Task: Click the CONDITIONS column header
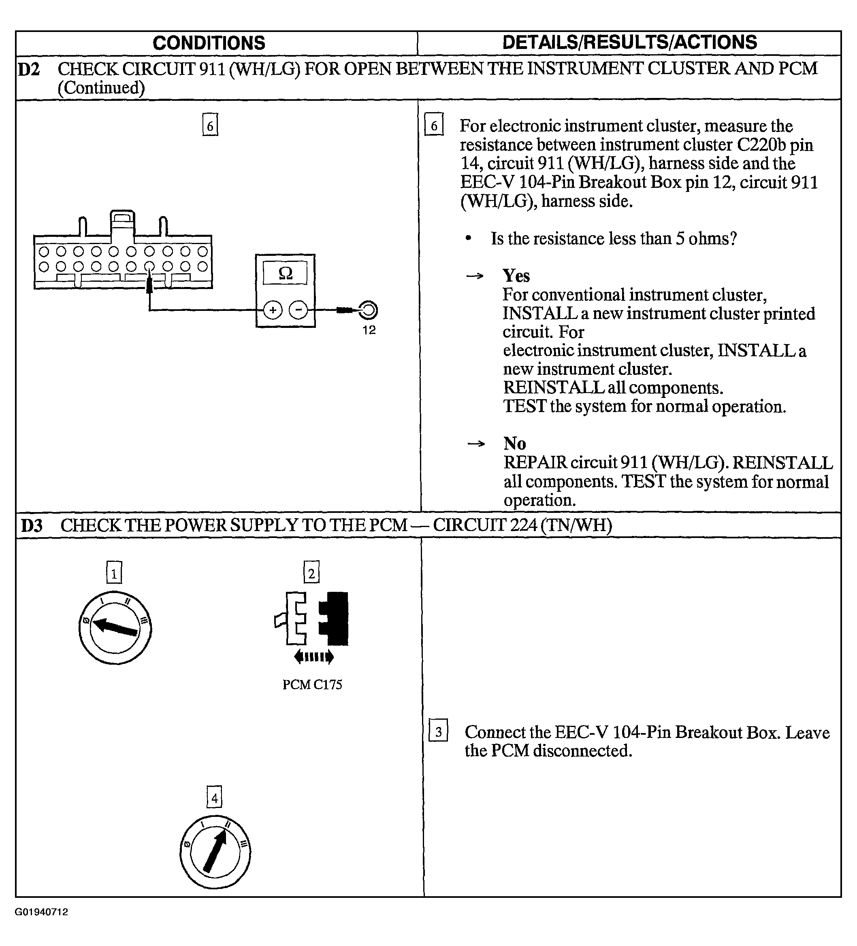click(x=209, y=43)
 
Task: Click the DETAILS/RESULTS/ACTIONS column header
click(x=630, y=42)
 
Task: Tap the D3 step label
click(x=32, y=525)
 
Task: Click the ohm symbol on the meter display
click(x=286, y=273)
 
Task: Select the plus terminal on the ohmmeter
click(x=272, y=310)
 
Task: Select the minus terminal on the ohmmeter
click(x=298, y=310)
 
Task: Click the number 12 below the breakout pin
click(x=369, y=330)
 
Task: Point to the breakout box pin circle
click(x=368, y=310)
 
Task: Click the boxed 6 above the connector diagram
click(x=210, y=125)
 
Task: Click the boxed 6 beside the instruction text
click(x=434, y=125)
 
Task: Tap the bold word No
click(x=515, y=443)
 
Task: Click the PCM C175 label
click(x=312, y=685)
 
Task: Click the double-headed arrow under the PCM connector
click(x=314, y=657)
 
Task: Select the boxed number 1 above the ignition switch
click(x=114, y=572)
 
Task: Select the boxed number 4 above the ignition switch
click(x=215, y=799)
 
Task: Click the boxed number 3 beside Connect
click(x=438, y=732)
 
